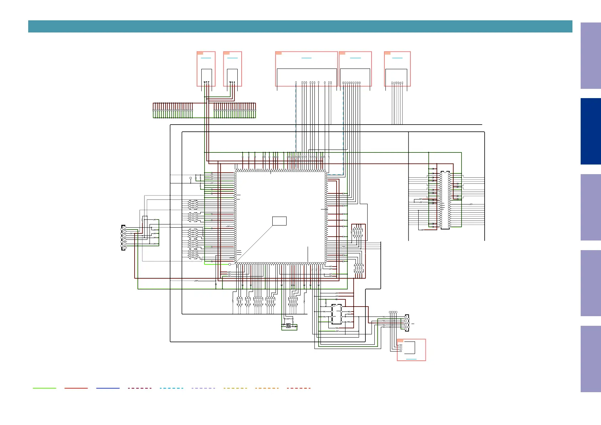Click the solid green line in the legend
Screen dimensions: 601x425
click(44, 388)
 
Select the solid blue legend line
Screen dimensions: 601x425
click(108, 388)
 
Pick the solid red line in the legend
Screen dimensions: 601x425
click(76, 388)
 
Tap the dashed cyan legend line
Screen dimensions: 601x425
click(171, 388)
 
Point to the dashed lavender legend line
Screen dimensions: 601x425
click(203, 388)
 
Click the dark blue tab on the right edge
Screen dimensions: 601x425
click(590, 131)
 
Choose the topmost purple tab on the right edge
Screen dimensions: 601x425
click(590, 56)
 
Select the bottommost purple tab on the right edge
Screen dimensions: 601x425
click(590, 359)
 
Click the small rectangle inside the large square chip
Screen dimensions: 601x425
click(279, 221)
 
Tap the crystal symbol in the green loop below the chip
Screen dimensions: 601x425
click(288, 325)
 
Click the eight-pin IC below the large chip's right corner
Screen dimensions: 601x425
click(336, 315)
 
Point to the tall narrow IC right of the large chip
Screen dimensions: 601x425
click(445, 200)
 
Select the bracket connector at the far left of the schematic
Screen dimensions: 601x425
click(123, 238)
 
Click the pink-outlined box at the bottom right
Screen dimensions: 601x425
click(411, 350)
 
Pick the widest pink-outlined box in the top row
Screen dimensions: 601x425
click(306, 69)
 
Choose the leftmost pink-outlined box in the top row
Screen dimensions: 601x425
click(206, 69)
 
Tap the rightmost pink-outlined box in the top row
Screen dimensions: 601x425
click(397, 69)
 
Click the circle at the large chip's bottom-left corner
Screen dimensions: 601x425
click(229, 264)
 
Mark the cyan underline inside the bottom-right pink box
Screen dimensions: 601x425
click(411, 359)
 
